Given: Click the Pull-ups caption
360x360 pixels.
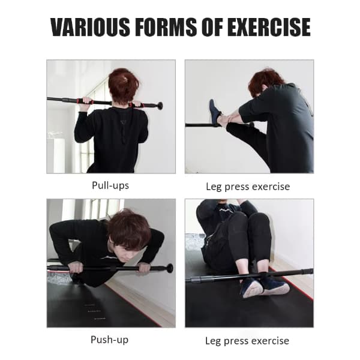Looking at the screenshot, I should (x=110, y=185).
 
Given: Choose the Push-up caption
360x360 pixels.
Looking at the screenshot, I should (x=110, y=340).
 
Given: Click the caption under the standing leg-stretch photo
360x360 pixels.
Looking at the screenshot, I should (x=247, y=187).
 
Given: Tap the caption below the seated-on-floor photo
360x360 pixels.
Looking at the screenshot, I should (x=247, y=341).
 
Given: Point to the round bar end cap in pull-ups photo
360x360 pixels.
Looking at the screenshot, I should (x=160, y=106).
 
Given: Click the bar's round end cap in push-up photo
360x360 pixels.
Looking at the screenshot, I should (x=170, y=268).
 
